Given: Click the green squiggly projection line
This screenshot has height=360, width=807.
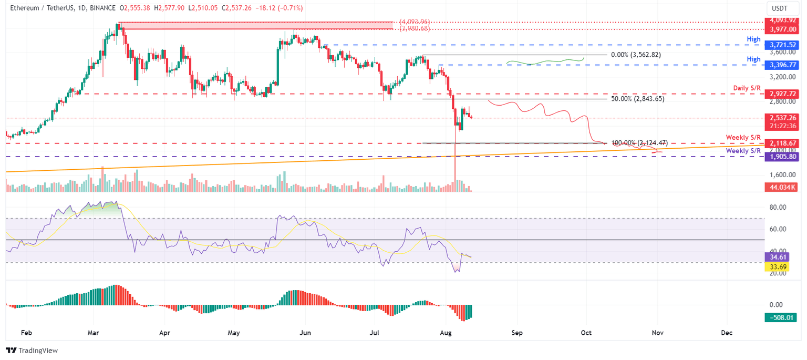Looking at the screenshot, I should [546, 62].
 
